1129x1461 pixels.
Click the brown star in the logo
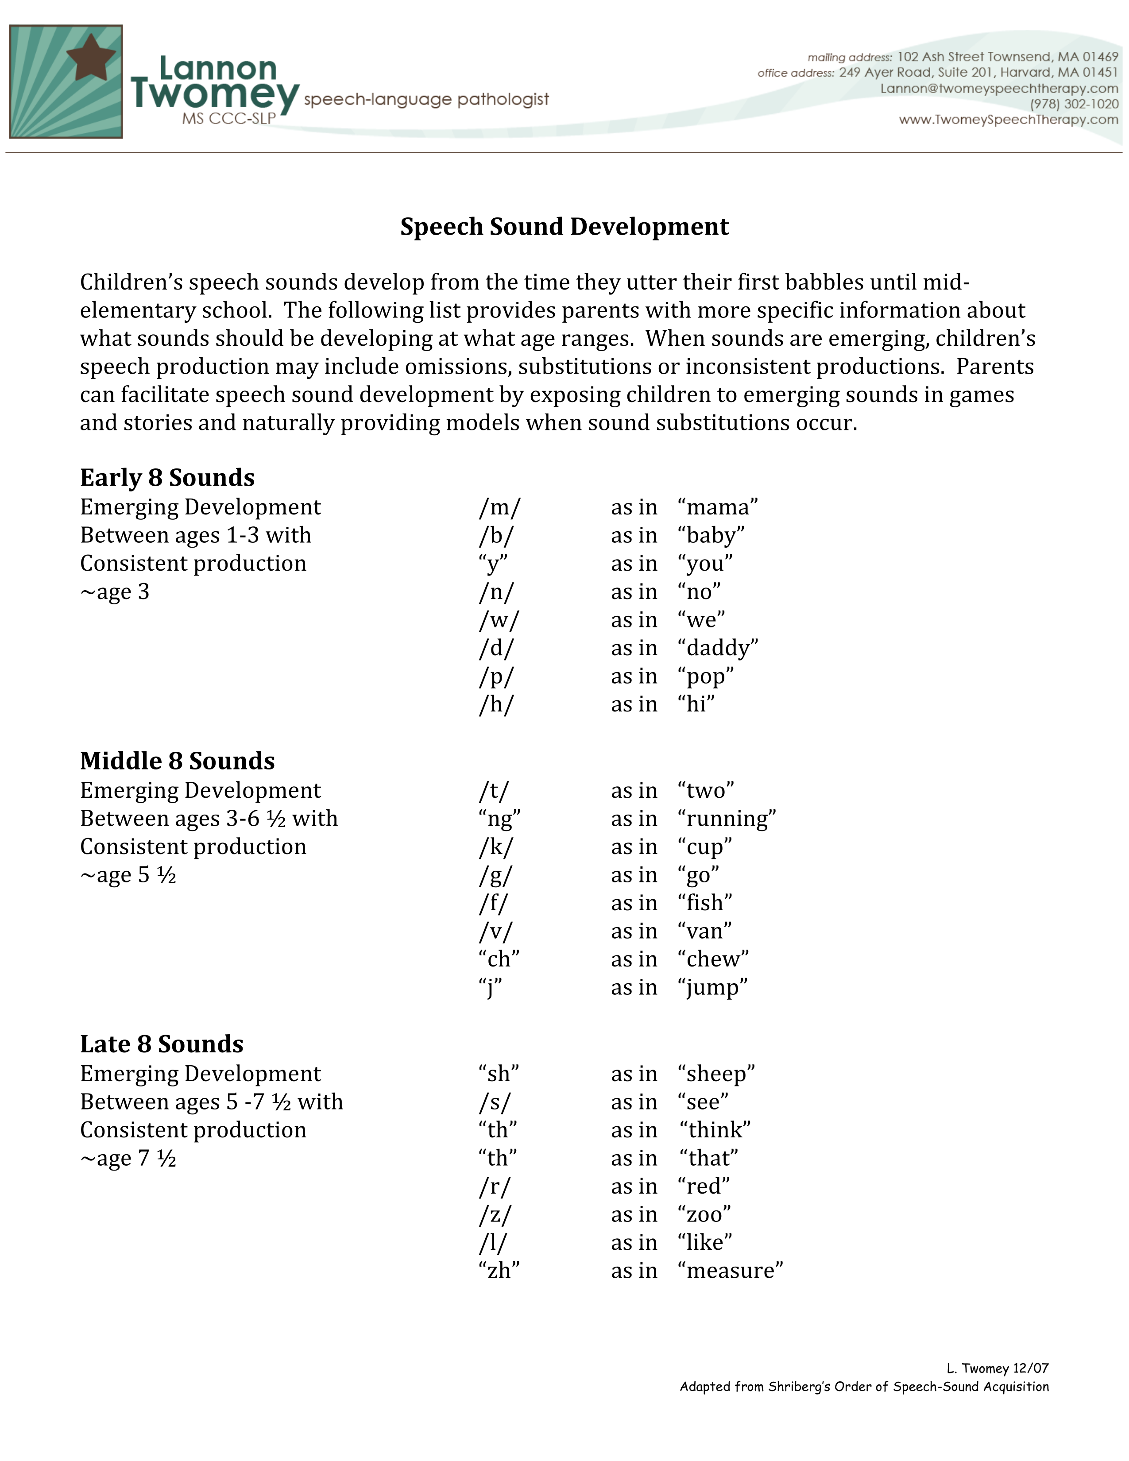(91, 58)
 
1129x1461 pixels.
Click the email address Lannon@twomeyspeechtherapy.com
(998, 88)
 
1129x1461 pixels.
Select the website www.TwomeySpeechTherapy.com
(1008, 120)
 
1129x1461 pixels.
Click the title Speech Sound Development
(564, 227)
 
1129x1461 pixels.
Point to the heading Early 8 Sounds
(167, 478)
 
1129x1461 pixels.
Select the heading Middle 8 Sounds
(177, 761)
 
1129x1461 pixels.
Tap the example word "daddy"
(718, 648)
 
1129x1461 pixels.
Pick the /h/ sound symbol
(495, 705)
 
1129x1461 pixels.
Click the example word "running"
(727, 819)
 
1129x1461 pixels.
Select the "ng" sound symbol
(499, 819)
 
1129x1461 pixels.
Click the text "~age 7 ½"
(128, 1159)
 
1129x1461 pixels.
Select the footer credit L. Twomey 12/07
(997, 1368)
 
